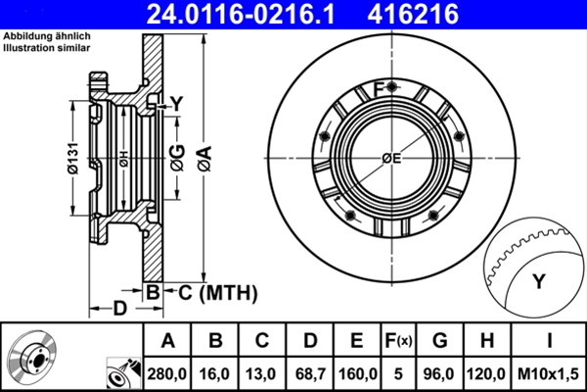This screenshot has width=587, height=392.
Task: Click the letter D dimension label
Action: [x=119, y=310]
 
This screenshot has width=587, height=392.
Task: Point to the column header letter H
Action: [x=486, y=341]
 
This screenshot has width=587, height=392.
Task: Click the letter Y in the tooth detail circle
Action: [x=537, y=282]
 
